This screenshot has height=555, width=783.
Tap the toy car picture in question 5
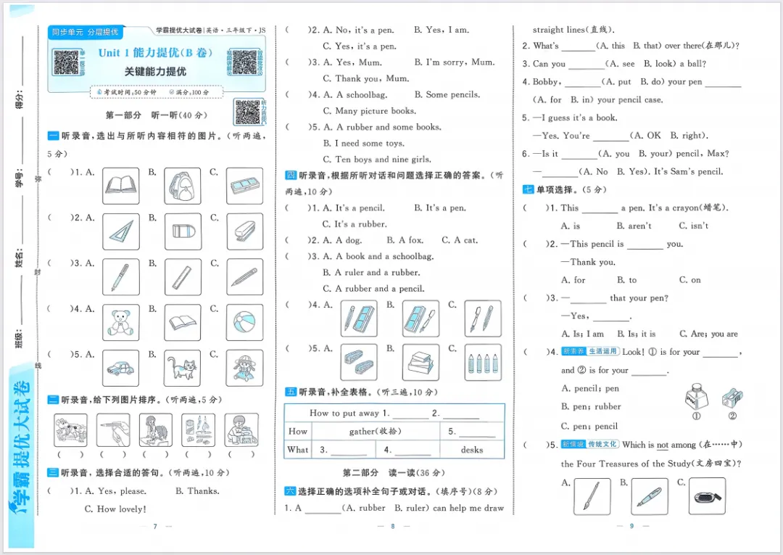[120, 368]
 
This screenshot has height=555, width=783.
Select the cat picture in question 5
[182, 368]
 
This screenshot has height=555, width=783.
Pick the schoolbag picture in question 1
[182, 186]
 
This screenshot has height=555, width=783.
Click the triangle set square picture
[120, 231]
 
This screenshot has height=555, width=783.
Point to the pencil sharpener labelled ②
[732, 398]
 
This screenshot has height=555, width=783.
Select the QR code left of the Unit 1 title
[66, 62]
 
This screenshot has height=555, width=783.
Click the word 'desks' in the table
[472, 450]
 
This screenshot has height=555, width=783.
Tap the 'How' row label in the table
[298, 431]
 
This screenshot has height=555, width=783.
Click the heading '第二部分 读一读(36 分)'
[392, 473]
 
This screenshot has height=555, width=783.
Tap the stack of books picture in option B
[420, 363]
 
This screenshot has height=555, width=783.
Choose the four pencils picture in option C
[483, 363]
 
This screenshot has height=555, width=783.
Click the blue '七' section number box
[528, 190]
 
